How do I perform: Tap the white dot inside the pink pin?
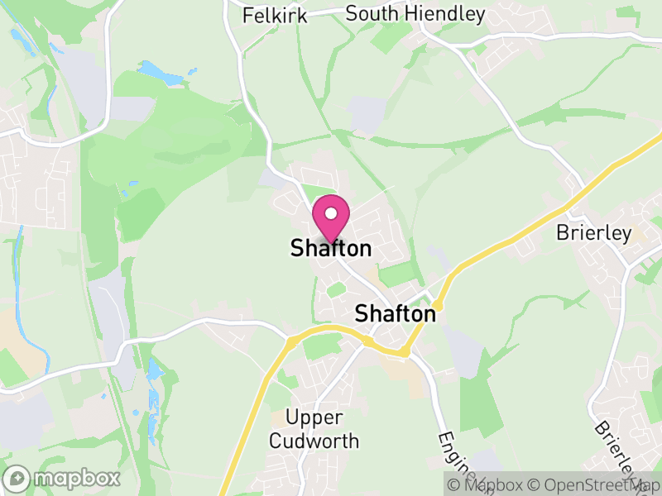[x=331, y=213]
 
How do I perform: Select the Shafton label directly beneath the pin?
[x=331, y=248]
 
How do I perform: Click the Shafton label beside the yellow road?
[x=395, y=314]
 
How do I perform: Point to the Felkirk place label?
[x=275, y=15]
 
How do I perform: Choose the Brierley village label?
[x=593, y=233]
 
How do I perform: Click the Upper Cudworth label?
[x=314, y=429]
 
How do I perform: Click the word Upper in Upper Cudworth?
[x=314, y=418]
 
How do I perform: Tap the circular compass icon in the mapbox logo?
[x=18, y=478]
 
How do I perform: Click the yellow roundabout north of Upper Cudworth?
[x=292, y=340]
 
